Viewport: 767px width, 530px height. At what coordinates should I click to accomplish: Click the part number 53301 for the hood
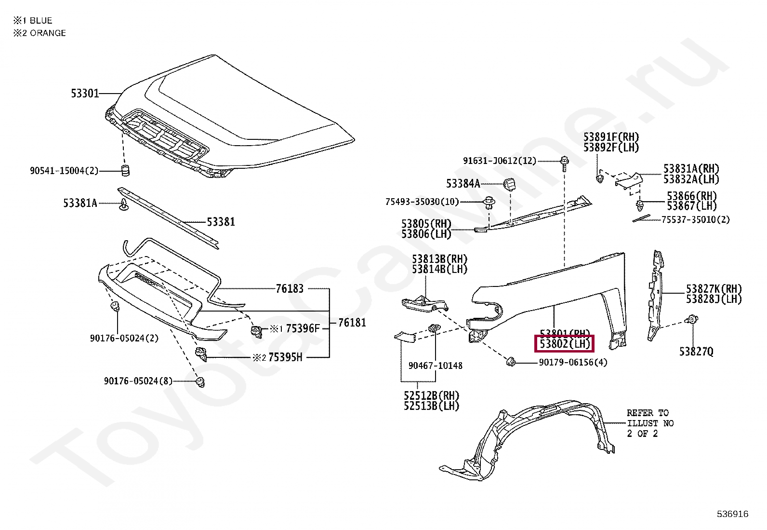[x=85, y=93]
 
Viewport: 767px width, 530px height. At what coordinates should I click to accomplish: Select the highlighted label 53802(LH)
[x=565, y=344]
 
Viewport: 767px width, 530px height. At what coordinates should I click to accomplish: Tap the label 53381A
[x=80, y=203]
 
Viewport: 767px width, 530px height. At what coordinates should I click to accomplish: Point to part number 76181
[x=352, y=323]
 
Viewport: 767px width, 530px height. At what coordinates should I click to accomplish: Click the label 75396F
[x=303, y=329]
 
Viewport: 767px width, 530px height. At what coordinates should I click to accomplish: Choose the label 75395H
[x=285, y=357]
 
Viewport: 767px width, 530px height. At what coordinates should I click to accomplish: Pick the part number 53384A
[x=463, y=184]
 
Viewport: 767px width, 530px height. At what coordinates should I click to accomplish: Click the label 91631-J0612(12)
[x=499, y=161]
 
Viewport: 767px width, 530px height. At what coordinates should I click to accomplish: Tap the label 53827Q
[x=696, y=352]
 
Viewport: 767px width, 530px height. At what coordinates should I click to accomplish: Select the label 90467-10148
[x=435, y=366]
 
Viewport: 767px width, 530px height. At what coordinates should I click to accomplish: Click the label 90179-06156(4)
[x=573, y=362]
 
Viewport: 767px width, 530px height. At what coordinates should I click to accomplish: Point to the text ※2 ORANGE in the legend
[x=40, y=33]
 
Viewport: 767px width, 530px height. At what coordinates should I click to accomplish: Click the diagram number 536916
[x=732, y=514]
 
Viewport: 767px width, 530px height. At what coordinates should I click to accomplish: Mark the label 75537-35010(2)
[x=695, y=220]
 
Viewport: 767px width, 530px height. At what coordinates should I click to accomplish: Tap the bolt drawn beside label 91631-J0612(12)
[x=565, y=162]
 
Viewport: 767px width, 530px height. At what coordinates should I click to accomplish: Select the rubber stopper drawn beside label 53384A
[x=510, y=184]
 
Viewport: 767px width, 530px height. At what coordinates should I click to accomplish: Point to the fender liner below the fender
[x=530, y=439]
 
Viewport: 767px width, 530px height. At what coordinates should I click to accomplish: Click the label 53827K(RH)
[x=714, y=289]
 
